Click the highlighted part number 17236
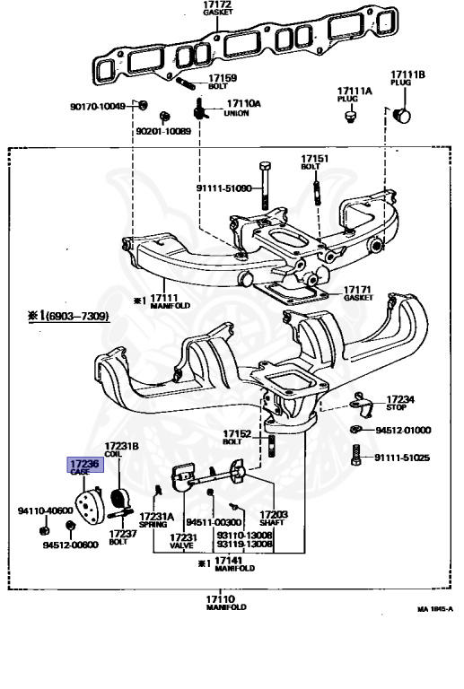point(84,464)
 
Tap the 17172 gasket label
point(218,8)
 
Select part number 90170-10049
point(98,107)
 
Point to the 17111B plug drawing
point(401,116)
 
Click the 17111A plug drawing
point(350,117)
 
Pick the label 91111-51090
point(223,188)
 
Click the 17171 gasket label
point(358,293)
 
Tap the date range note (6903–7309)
point(69,316)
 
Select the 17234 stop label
point(400,403)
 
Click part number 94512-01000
point(403,431)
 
